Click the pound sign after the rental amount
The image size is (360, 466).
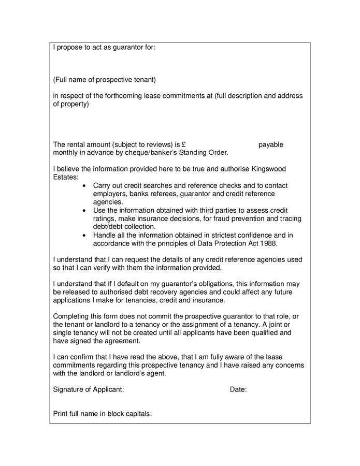[184, 144]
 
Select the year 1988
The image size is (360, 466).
[268, 243]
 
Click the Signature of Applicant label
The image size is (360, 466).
[89, 389]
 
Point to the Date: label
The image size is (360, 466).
[238, 389]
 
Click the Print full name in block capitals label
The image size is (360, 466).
[103, 414]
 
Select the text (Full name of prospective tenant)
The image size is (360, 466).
[104, 80]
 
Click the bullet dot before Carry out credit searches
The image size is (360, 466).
[84, 186]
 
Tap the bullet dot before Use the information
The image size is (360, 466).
[84, 211]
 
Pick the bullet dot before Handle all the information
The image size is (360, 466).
[84, 235]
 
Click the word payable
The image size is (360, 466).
[271, 144]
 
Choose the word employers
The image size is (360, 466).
[110, 194]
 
